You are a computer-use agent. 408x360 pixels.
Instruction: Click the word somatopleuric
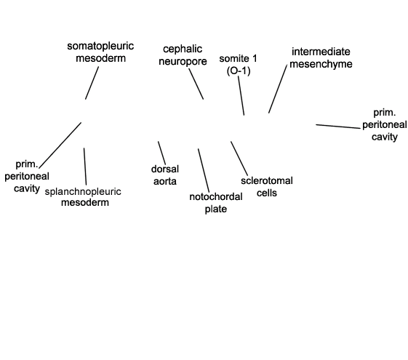[x=100, y=47]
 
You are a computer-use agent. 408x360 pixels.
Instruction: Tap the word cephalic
[x=183, y=49]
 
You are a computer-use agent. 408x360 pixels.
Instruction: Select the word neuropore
[x=183, y=62]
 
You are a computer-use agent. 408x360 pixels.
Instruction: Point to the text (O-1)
[x=239, y=71]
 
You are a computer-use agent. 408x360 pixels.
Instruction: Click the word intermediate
[x=321, y=52]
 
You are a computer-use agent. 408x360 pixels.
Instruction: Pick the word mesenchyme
[x=321, y=64]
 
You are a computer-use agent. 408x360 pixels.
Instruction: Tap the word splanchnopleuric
[x=83, y=192]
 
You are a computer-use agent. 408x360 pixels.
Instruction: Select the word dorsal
[x=165, y=169]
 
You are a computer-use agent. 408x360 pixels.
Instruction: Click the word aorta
[x=165, y=181]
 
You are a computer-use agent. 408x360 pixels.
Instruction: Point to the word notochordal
[x=216, y=196]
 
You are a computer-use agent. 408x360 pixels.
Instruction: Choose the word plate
[x=216, y=209]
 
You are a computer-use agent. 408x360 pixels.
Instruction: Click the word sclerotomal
[x=267, y=181]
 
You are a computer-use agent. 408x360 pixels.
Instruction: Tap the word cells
[x=267, y=193]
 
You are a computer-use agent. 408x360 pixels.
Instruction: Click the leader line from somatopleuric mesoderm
[x=92, y=83]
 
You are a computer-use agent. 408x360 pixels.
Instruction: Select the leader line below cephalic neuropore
[x=196, y=84]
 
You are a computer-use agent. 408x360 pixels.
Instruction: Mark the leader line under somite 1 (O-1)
[x=241, y=95]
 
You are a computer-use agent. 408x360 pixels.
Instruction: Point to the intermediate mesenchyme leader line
[x=278, y=89]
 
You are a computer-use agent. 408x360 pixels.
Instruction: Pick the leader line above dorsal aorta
[x=161, y=153]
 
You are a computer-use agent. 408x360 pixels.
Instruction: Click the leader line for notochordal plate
[x=204, y=171]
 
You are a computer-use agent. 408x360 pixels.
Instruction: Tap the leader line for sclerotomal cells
[x=239, y=159]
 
